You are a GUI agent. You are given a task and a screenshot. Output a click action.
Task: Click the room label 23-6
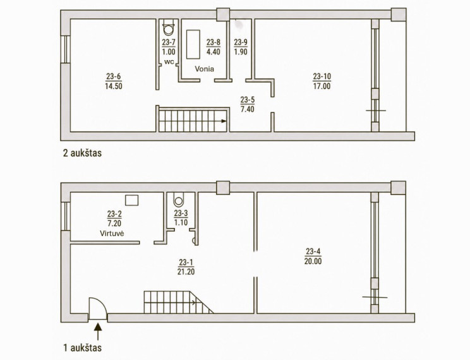[113, 76]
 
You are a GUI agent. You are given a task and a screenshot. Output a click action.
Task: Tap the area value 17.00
[322, 87]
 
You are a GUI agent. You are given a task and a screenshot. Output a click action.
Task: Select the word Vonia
[205, 69]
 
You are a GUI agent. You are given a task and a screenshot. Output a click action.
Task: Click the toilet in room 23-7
[168, 28]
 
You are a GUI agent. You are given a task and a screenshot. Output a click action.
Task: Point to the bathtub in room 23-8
[193, 44]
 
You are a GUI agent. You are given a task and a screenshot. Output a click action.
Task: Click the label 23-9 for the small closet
[241, 42]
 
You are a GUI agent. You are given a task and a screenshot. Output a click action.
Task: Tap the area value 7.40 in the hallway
[247, 109]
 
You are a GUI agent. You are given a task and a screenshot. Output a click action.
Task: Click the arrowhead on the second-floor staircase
[224, 121]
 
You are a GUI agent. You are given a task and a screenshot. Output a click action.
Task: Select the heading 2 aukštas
[82, 153]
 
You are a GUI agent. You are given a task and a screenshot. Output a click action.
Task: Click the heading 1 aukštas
[82, 348]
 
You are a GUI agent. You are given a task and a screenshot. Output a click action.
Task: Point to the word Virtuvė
[112, 233]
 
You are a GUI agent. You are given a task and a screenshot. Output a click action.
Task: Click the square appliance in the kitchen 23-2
[132, 200]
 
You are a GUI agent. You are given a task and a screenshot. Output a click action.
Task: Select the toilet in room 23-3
[179, 200]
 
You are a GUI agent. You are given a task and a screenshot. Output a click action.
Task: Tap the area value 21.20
[186, 272]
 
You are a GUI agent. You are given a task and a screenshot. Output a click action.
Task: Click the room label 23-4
[313, 251]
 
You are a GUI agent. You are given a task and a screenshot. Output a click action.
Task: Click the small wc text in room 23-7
[168, 62]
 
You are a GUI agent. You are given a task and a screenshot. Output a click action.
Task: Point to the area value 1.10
[181, 223]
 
